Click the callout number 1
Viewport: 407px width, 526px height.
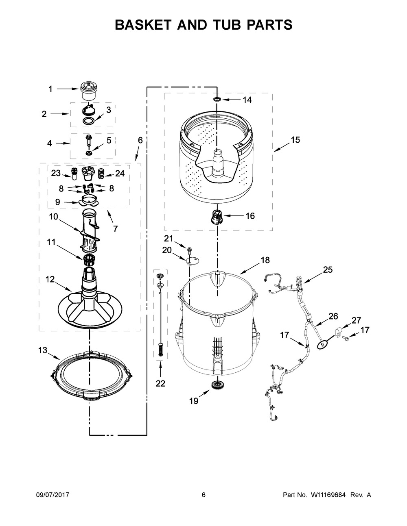(50, 89)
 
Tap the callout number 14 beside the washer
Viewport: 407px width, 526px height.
(247, 100)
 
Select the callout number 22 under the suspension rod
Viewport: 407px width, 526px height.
(160, 383)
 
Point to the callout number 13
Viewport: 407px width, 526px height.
(43, 350)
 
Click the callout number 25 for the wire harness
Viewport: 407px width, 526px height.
(328, 270)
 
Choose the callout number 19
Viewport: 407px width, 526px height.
(194, 401)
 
